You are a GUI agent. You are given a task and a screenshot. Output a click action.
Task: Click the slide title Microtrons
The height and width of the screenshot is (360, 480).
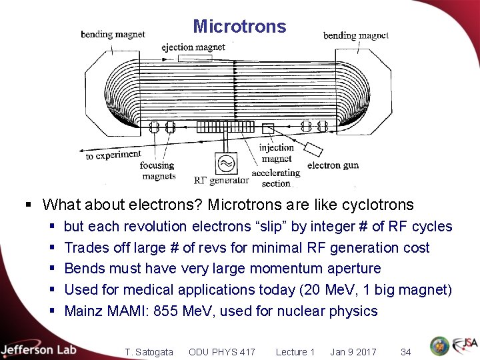239,27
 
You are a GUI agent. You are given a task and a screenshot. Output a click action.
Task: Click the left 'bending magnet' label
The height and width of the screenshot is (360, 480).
113,34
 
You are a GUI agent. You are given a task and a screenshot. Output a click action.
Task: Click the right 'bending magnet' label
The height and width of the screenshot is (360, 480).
355,35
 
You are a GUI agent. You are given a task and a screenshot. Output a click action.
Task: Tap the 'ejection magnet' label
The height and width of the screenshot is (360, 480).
193,47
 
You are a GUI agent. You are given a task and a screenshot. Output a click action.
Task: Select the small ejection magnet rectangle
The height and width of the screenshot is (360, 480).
193,58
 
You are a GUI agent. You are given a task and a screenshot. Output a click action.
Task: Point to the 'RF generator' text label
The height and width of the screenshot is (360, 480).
221,180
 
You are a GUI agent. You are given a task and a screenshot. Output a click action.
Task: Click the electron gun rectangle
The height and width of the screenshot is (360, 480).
313,147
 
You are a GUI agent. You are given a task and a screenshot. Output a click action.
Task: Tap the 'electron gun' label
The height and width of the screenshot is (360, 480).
333,165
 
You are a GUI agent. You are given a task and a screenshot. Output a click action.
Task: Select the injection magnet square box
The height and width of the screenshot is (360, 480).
268,128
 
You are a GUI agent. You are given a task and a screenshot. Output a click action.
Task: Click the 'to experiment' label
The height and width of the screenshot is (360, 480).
113,155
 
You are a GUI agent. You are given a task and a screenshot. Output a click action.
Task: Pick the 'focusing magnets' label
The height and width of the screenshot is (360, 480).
159,171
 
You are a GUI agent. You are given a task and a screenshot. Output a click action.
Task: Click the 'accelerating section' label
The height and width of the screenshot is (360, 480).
276,178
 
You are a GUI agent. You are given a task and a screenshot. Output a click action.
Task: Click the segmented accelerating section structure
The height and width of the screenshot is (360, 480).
225,126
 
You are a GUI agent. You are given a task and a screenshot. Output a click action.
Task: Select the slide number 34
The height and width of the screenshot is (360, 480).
405,352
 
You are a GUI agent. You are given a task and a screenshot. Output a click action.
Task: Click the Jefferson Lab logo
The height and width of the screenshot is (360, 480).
39,349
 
